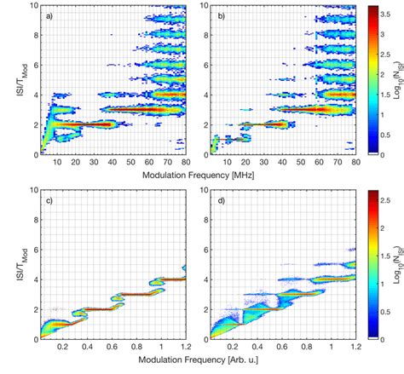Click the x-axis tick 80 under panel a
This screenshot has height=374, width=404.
click(x=183, y=164)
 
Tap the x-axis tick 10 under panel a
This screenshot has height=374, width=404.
click(x=57, y=164)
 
